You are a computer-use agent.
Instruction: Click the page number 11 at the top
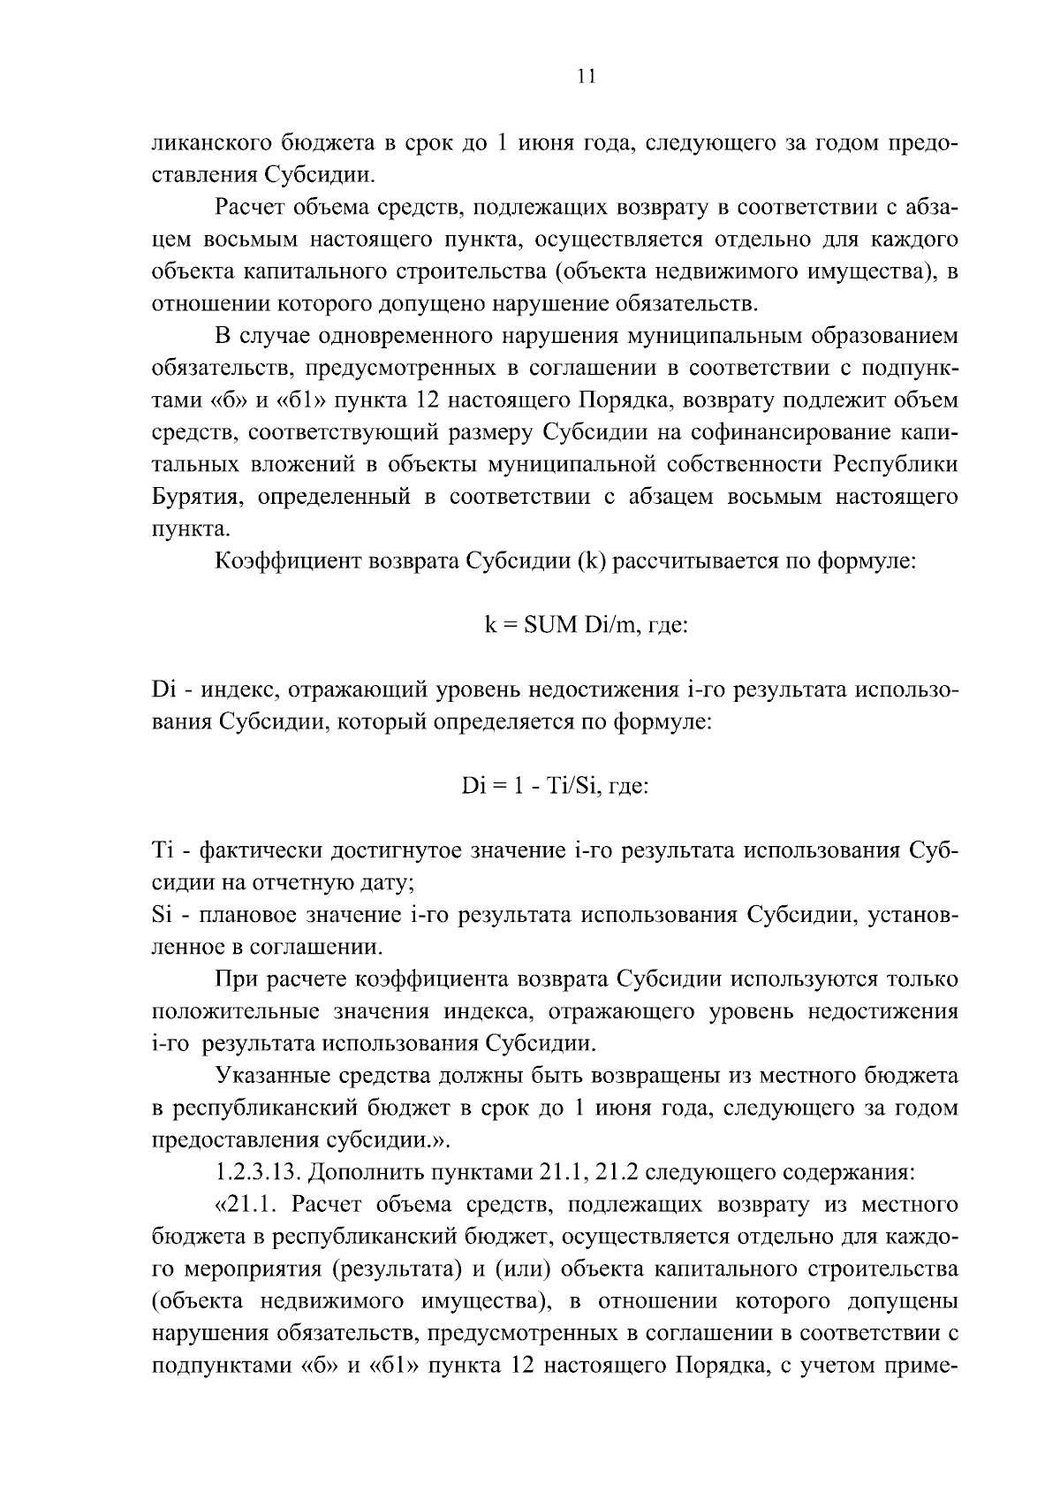(x=585, y=77)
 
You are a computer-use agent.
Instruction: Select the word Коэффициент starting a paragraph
(x=284, y=561)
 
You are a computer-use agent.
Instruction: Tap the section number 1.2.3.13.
(x=255, y=1173)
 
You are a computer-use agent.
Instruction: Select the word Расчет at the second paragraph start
(x=253, y=209)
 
